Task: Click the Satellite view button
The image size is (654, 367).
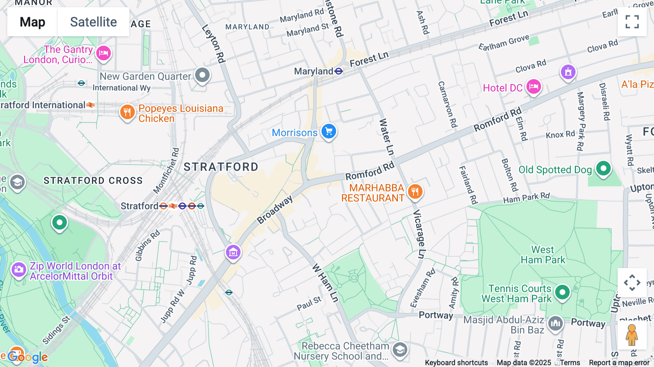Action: coord(93,22)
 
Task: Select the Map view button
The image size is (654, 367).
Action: coord(32,22)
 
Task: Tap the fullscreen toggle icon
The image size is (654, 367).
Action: coord(632,22)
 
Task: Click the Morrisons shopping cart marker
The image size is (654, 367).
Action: coord(329,131)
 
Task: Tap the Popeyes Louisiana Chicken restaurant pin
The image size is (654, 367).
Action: coord(127,112)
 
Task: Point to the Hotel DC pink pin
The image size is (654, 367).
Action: coord(533,87)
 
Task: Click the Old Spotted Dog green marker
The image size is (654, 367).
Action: coord(603,168)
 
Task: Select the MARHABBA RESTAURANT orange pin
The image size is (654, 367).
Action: coord(415,191)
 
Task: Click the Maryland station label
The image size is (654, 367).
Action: coord(313,71)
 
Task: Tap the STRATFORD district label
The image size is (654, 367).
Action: coord(221,167)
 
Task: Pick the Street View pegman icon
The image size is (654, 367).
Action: coord(632,335)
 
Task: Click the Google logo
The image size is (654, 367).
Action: coord(28,357)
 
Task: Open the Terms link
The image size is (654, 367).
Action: coord(570,363)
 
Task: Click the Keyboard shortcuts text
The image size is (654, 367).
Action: coord(456,363)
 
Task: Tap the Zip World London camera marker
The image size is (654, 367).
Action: coord(19,270)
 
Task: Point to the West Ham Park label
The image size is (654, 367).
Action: coord(543,255)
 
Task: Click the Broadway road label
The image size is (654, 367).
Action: coord(275,210)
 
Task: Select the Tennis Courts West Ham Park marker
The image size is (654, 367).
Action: coord(562,292)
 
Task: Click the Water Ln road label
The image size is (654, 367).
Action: coord(386,137)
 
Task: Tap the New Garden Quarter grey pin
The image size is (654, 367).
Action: coord(202,75)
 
